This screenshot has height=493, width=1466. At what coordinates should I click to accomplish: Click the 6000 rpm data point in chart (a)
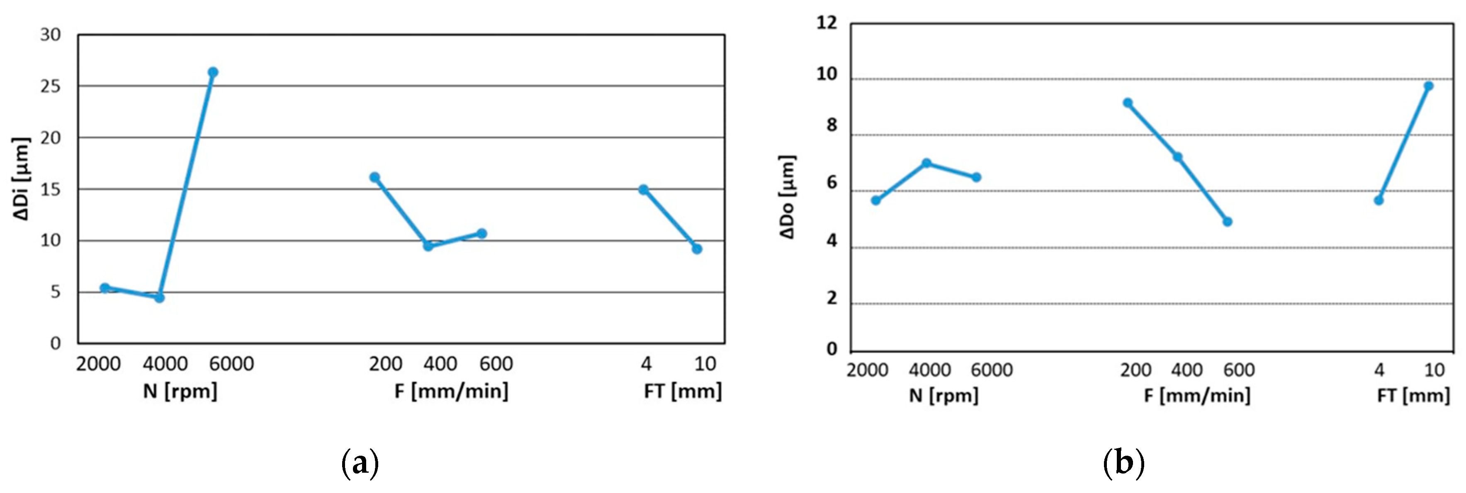click(x=213, y=72)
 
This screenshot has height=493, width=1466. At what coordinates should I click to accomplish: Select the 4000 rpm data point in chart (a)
click(x=159, y=297)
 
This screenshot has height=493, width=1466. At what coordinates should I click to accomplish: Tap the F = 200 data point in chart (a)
click(x=374, y=177)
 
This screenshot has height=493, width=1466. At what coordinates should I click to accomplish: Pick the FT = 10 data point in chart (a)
click(x=697, y=249)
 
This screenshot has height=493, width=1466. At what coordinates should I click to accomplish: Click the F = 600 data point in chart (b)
click(x=1228, y=222)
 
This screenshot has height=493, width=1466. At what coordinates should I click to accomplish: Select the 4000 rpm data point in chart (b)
click(x=926, y=163)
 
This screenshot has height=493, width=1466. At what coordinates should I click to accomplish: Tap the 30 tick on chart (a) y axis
click(x=50, y=35)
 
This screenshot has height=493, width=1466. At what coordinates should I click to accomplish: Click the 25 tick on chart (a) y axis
click(x=50, y=87)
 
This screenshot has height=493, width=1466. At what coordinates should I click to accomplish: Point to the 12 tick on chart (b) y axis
click(x=827, y=23)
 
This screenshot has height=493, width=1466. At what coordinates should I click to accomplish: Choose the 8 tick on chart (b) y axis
click(x=832, y=125)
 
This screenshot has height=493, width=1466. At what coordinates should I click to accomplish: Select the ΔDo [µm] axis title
click(x=788, y=197)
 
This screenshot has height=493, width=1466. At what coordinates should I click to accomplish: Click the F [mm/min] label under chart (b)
click(x=1197, y=395)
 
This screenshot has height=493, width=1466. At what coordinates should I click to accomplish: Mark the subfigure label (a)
click(x=360, y=464)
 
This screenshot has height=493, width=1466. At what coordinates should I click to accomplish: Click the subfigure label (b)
click(x=1123, y=464)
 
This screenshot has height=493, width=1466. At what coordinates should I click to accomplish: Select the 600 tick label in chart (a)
click(x=496, y=364)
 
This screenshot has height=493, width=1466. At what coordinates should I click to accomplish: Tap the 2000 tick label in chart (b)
click(x=867, y=370)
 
